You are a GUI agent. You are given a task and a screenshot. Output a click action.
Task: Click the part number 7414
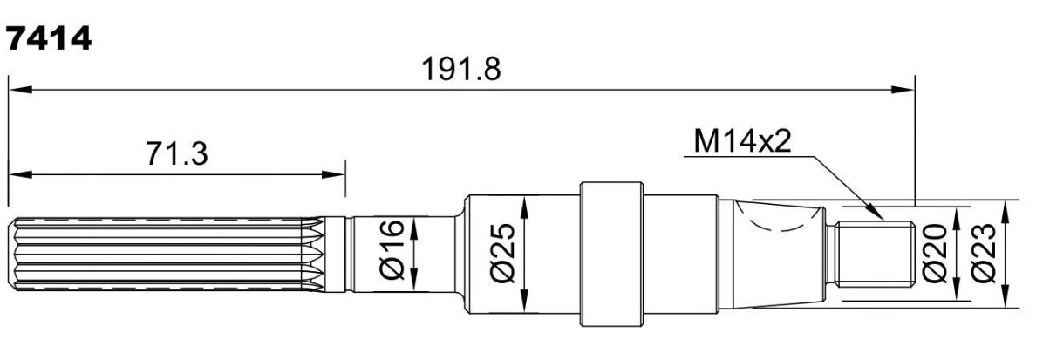[x=48, y=39]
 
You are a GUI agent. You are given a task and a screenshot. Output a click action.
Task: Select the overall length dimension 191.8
[x=461, y=69]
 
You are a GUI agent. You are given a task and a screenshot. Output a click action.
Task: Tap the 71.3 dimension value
[x=176, y=153]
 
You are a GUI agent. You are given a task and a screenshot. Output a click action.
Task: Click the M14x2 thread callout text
[x=742, y=141]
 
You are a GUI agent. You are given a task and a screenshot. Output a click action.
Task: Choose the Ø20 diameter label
[x=935, y=253]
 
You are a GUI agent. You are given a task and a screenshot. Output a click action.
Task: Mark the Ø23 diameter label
[x=983, y=253]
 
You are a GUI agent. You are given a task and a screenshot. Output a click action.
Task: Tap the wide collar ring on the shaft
[x=612, y=254]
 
